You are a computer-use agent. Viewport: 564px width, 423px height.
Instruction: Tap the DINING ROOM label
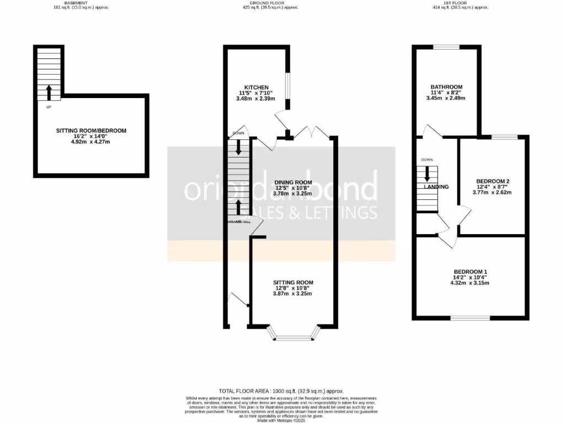coord(293,182)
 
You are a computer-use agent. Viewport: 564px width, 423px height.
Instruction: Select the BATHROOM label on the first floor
coord(446,87)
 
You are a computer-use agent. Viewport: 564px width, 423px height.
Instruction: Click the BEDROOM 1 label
coord(470,272)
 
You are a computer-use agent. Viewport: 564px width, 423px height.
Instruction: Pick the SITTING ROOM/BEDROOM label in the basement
coord(91,131)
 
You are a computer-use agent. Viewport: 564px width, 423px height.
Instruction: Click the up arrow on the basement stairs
coord(48,92)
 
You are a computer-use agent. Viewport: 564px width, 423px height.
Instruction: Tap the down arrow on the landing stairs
coord(427,175)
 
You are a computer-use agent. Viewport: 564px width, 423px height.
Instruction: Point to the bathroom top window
coord(446,47)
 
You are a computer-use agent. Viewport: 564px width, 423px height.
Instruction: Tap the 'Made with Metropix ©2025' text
coord(281,420)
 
